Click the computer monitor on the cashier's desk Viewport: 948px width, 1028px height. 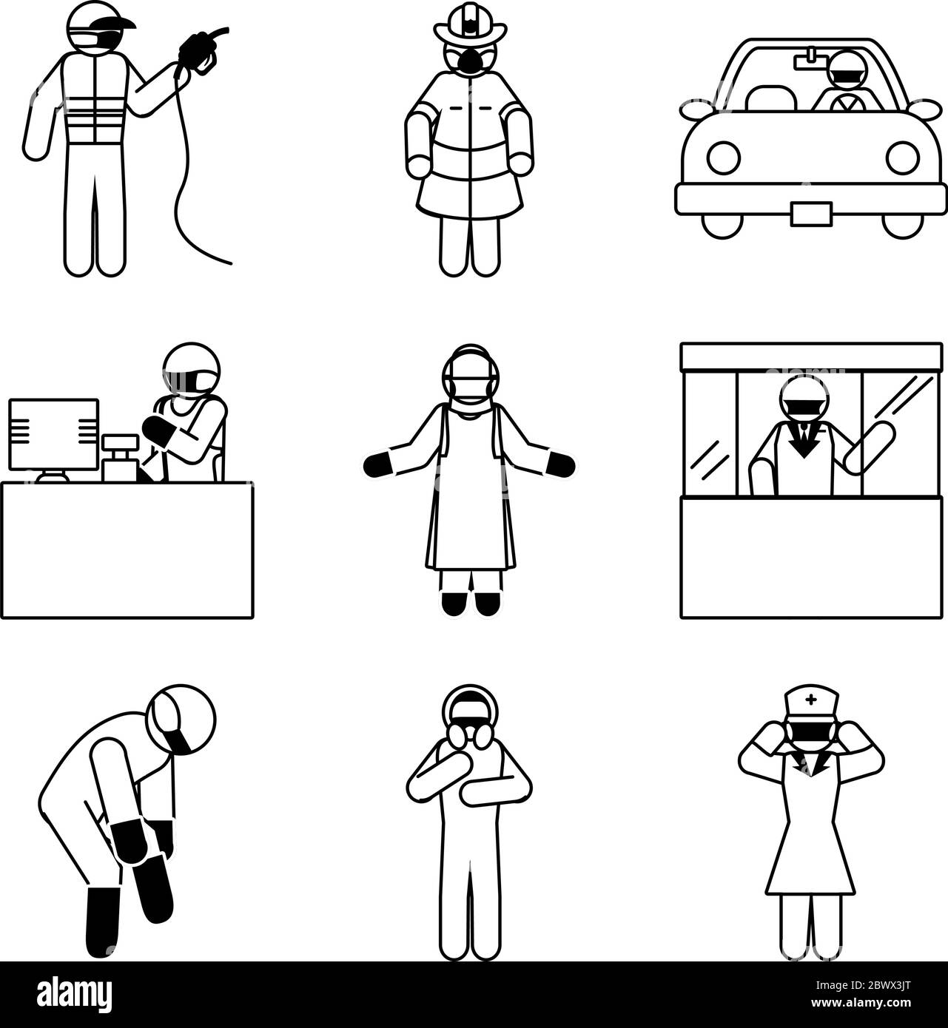tap(53, 435)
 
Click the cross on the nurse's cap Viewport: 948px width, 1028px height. tap(812, 699)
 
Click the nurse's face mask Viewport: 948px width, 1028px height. tap(812, 730)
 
